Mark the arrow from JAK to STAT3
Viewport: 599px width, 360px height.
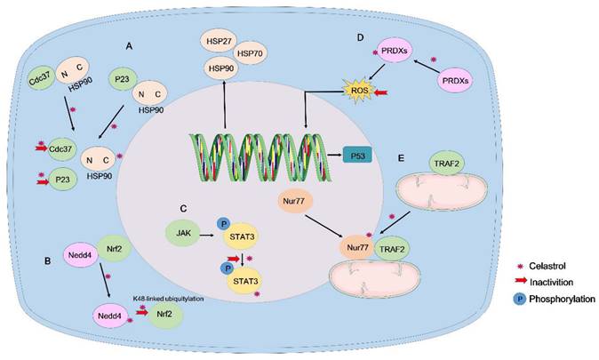click(212, 236)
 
